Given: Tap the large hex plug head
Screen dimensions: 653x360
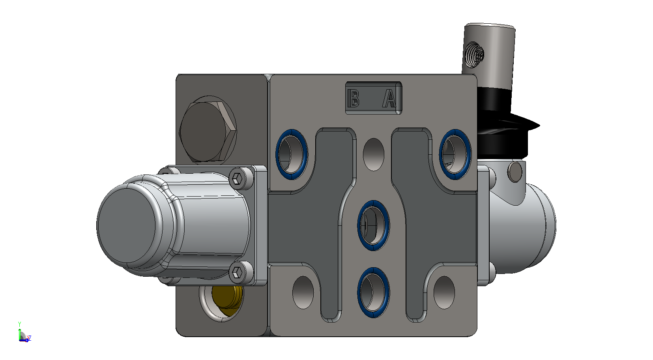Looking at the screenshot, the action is point(208,131).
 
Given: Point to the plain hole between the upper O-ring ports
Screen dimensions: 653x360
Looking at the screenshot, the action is point(374,154).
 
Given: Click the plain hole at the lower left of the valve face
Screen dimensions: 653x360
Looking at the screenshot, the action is point(303,292).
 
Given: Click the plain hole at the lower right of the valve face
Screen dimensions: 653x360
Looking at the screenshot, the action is point(444,292).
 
